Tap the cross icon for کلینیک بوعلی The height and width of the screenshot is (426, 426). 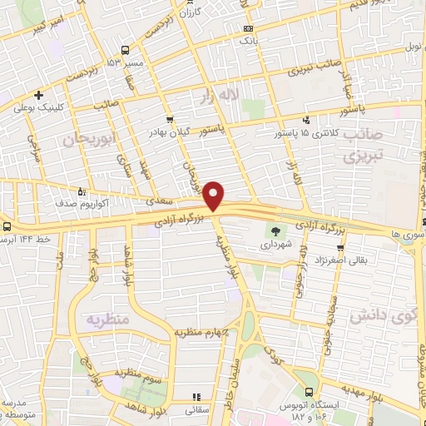[x=40, y=95]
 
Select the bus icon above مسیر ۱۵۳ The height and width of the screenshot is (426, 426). [x=125, y=50]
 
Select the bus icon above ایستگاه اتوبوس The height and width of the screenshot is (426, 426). [x=310, y=392]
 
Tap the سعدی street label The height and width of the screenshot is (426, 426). [x=160, y=201]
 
